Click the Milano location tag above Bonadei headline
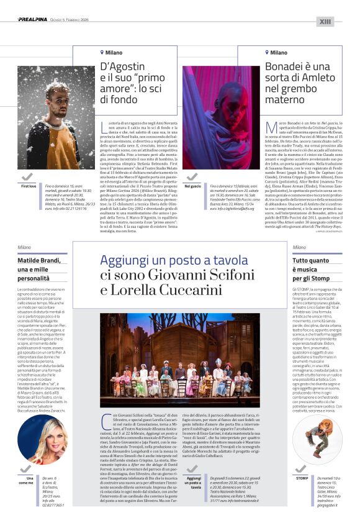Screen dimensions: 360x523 pyautogui.click(x=277, y=53)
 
